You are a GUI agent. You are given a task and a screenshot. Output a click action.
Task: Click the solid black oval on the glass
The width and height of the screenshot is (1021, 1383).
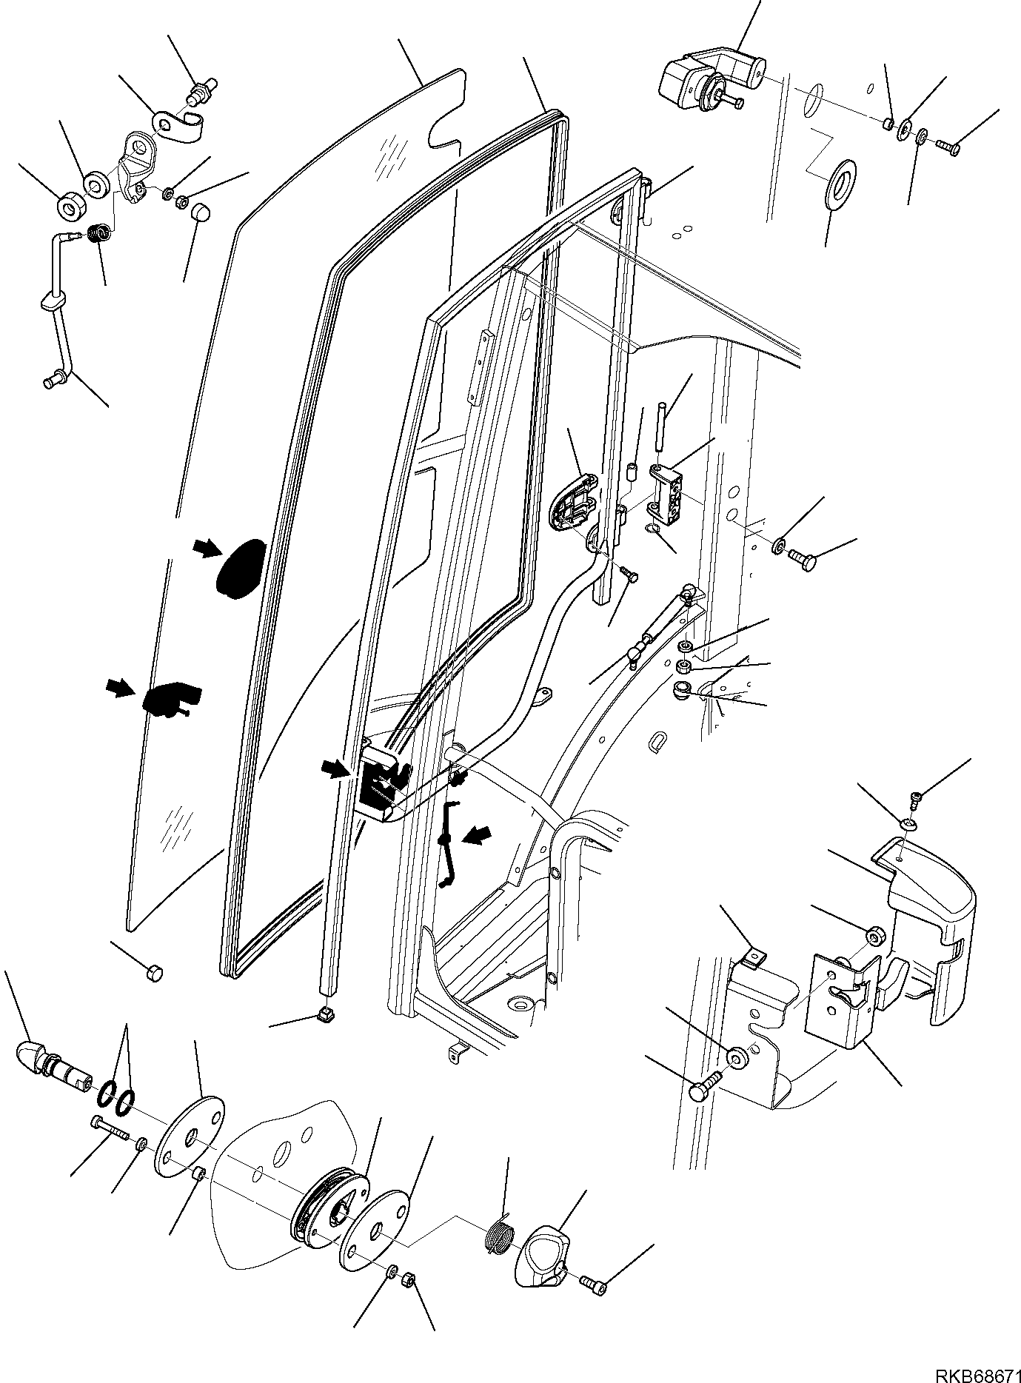pos(239,567)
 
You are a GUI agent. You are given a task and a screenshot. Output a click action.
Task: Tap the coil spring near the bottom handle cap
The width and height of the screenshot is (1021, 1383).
pos(498,1236)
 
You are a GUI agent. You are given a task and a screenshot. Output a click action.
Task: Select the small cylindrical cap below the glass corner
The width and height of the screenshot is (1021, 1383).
pos(155,972)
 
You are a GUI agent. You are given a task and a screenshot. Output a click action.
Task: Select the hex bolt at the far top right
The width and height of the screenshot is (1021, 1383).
pos(947,147)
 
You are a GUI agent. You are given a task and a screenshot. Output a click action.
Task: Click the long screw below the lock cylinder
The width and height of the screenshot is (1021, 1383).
pos(111,1149)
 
